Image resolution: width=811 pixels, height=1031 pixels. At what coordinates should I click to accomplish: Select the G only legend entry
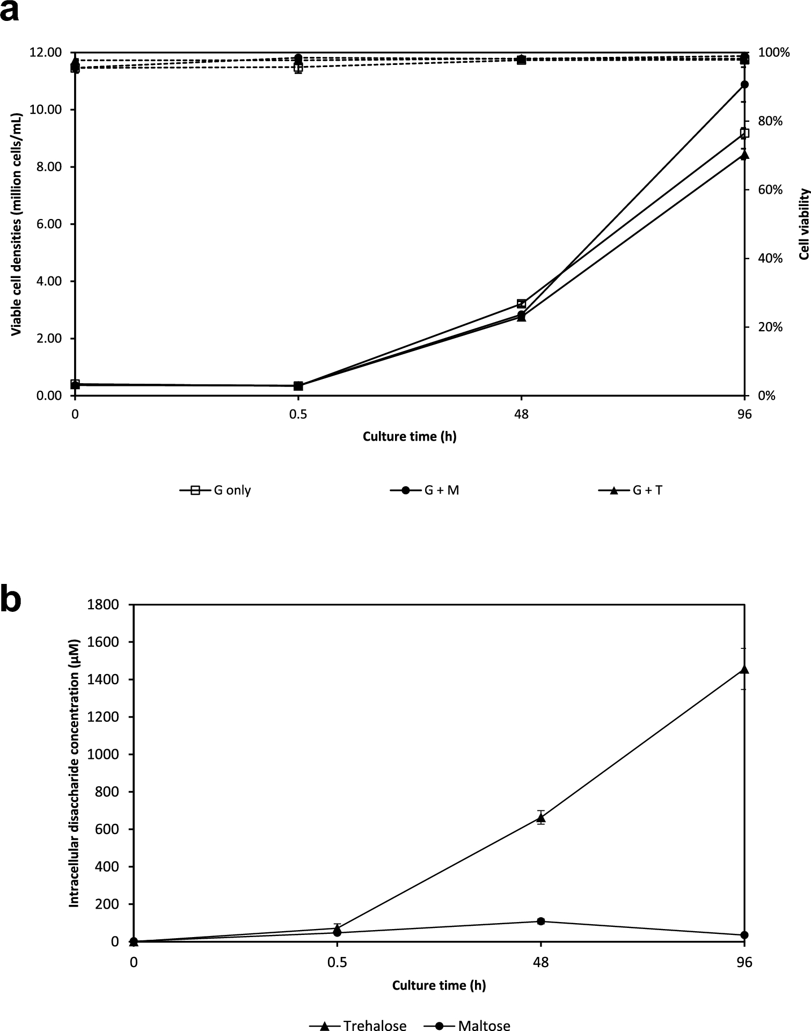point(215,490)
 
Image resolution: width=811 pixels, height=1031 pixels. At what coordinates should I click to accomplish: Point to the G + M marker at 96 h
point(744,84)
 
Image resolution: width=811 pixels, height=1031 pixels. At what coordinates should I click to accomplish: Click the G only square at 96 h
point(744,133)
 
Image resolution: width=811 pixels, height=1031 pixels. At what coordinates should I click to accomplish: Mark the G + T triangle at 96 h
point(744,155)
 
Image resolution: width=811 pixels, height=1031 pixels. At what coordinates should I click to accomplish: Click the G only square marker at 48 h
point(521,304)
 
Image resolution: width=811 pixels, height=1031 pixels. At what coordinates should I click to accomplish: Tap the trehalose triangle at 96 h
point(744,669)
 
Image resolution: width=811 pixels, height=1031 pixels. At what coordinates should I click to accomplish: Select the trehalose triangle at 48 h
point(541,818)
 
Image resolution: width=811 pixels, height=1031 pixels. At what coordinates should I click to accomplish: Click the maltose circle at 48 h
point(541,922)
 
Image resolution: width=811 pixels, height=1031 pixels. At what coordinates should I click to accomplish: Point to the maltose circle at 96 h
point(744,935)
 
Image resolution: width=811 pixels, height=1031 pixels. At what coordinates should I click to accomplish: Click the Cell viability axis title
point(803,224)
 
